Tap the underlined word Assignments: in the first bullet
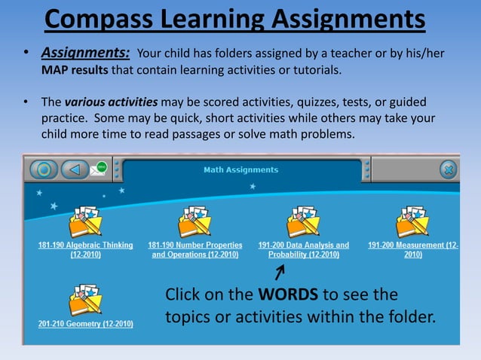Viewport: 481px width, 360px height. click(85, 53)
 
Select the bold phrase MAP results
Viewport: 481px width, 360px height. click(75, 70)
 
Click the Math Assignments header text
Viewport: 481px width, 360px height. click(240, 170)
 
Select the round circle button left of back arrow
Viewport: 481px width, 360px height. click(44, 169)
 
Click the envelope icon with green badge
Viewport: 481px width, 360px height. click(99, 169)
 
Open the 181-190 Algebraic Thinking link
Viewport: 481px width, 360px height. click(85, 250)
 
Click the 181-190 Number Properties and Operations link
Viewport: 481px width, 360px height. click(195, 250)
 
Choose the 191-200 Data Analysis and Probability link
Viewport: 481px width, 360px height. click(303, 250)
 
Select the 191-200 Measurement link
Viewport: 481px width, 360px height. click(412, 250)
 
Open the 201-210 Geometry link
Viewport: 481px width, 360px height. click(85, 324)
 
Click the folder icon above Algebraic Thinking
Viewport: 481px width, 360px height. click(85, 221)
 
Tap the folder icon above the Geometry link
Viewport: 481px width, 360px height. click(85, 299)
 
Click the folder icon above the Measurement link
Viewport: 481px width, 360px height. click(412, 221)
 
